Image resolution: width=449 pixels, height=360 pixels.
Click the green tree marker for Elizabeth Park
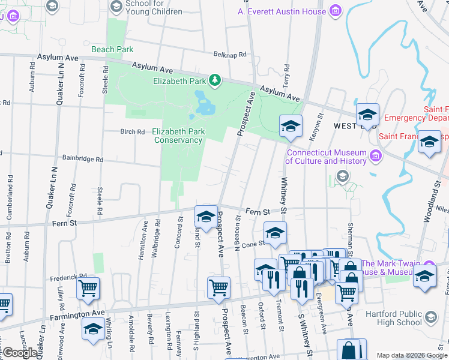point(214,80)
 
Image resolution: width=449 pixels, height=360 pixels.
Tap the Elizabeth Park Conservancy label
point(178,136)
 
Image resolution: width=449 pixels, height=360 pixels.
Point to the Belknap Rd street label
point(230,55)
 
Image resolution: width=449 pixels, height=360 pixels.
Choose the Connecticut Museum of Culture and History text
point(325,157)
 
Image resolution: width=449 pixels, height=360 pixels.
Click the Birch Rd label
point(133,131)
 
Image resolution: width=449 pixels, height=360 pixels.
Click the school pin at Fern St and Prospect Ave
point(206,217)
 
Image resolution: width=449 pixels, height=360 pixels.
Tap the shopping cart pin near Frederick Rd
point(88,289)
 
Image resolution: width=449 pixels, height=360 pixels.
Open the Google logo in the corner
point(20,353)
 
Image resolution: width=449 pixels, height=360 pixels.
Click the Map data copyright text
point(412,355)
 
